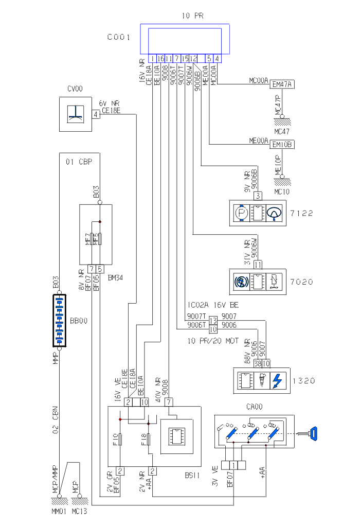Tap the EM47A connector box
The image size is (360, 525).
[x=282, y=85]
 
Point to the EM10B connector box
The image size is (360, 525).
[x=282, y=145]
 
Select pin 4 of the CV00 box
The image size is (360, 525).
[x=96, y=114]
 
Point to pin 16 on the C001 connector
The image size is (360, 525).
[x=161, y=59]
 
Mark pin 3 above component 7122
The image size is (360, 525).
[x=258, y=196]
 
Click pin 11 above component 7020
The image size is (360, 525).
[x=258, y=265]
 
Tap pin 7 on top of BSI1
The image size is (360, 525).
[x=169, y=401]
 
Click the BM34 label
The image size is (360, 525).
[x=115, y=278]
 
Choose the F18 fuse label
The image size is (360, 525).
[x=143, y=440]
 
